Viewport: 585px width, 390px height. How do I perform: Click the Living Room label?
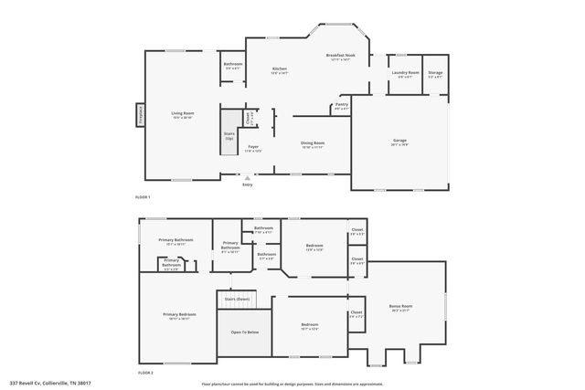183,115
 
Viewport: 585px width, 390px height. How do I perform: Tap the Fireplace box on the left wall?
141,114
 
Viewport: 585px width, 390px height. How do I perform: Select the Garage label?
399,141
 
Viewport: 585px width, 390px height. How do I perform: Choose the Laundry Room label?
405,73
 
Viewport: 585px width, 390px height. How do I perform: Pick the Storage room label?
435,73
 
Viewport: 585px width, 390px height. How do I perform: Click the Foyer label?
252,147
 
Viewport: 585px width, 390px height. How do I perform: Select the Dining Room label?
314,143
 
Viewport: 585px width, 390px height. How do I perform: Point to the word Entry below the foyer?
247,185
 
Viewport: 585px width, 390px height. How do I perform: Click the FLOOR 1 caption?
143,197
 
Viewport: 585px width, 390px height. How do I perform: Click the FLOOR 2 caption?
145,374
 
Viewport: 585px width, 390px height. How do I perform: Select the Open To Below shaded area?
244,332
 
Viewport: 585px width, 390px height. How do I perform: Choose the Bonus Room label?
400,306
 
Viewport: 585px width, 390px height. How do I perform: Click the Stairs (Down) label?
237,299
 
